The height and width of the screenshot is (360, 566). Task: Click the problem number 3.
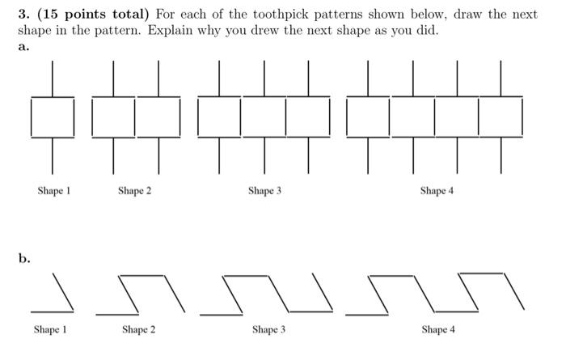click(22, 15)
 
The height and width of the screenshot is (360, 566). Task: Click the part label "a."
click(23, 47)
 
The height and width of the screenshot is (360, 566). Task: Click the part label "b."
click(25, 259)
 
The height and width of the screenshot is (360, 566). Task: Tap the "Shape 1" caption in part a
click(54, 191)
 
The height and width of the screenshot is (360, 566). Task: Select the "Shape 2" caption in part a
click(134, 191)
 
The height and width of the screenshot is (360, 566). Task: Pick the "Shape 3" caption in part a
click(264, 191)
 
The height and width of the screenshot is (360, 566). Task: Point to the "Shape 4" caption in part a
click(437, 191)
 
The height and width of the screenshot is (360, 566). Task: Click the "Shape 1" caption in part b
click(50, 330)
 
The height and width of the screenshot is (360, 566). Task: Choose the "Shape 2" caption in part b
click(139, 330)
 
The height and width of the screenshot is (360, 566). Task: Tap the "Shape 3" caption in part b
click(268, 330)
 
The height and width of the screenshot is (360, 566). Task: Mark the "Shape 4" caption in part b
click(437, 330)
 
